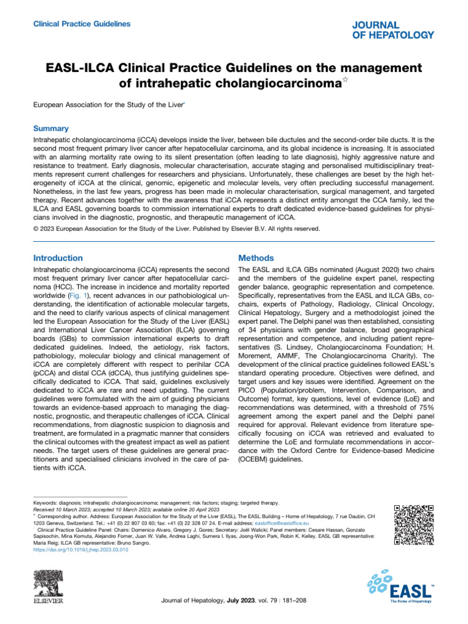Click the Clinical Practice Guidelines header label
(x=81, y=24)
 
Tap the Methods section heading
(x=257, y=258)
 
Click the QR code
(x=414, y=525)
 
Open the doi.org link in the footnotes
(x=80, y=549)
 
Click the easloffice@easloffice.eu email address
(x=282, y=523)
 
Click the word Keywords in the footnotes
(x=46, y=503)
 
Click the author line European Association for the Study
(x=107, y=105)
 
